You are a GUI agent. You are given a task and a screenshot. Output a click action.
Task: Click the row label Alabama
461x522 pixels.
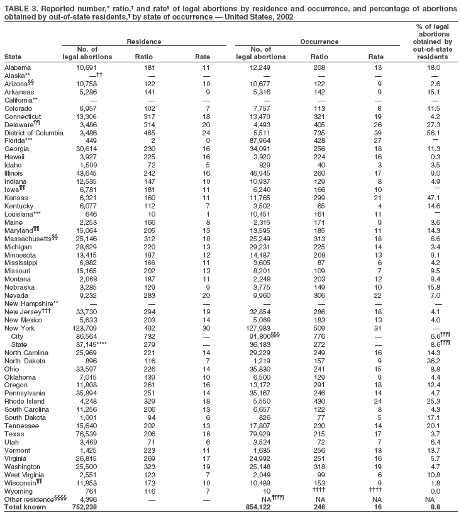click(x=18, y=67)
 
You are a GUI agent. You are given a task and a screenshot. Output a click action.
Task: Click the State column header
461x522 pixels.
click(x=12, y=57)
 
